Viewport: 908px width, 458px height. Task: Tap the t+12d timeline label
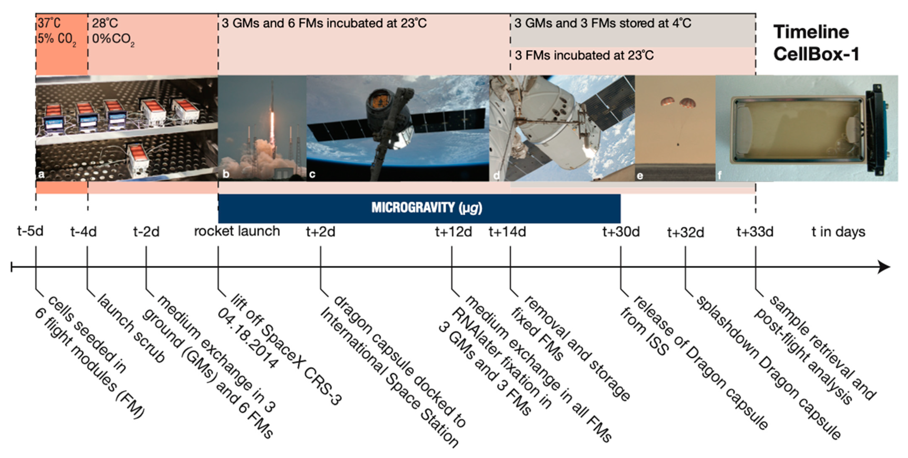[453, 232]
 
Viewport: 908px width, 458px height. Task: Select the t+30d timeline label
[621, 232]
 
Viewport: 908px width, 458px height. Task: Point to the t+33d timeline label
[755, 232]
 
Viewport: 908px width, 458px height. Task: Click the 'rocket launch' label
[237, 231]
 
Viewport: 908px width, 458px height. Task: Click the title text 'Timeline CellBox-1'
[816, 43]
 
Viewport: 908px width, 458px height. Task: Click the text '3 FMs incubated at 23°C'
[584, 55]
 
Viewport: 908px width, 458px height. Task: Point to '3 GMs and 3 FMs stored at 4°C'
[603, 23]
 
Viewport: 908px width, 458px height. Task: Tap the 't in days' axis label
[838, 232]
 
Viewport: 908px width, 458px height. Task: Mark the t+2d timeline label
[320, 232]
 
